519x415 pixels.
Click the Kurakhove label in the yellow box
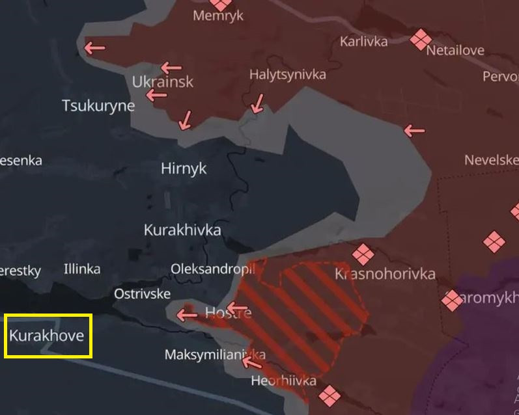tap(47, 336)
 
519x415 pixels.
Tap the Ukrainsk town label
tap(163, 82)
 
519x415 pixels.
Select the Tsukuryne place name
tap(98, 105)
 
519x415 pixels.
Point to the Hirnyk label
tap(184, 168)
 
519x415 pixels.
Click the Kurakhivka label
tap(182, 230)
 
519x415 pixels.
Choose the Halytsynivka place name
tap(288, 75)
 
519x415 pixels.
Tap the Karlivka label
tap(363, 42)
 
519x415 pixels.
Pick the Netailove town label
tap(455, 50)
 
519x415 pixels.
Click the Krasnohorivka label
tap(385, 274)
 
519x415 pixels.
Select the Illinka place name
tap(82, 269)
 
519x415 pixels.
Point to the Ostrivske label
tap(142, 294)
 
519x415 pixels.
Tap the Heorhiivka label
tap(284, 381)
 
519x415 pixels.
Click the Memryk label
tap(218, 16)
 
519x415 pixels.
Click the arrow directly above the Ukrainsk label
tap(171, 67)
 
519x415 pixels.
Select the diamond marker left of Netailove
tap(421, 39)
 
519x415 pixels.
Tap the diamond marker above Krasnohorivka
tap(363, 254)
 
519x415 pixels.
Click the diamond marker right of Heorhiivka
tap(329, 395)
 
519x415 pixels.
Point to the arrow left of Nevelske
tap(414, 131)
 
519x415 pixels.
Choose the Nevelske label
tap(492, 160)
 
